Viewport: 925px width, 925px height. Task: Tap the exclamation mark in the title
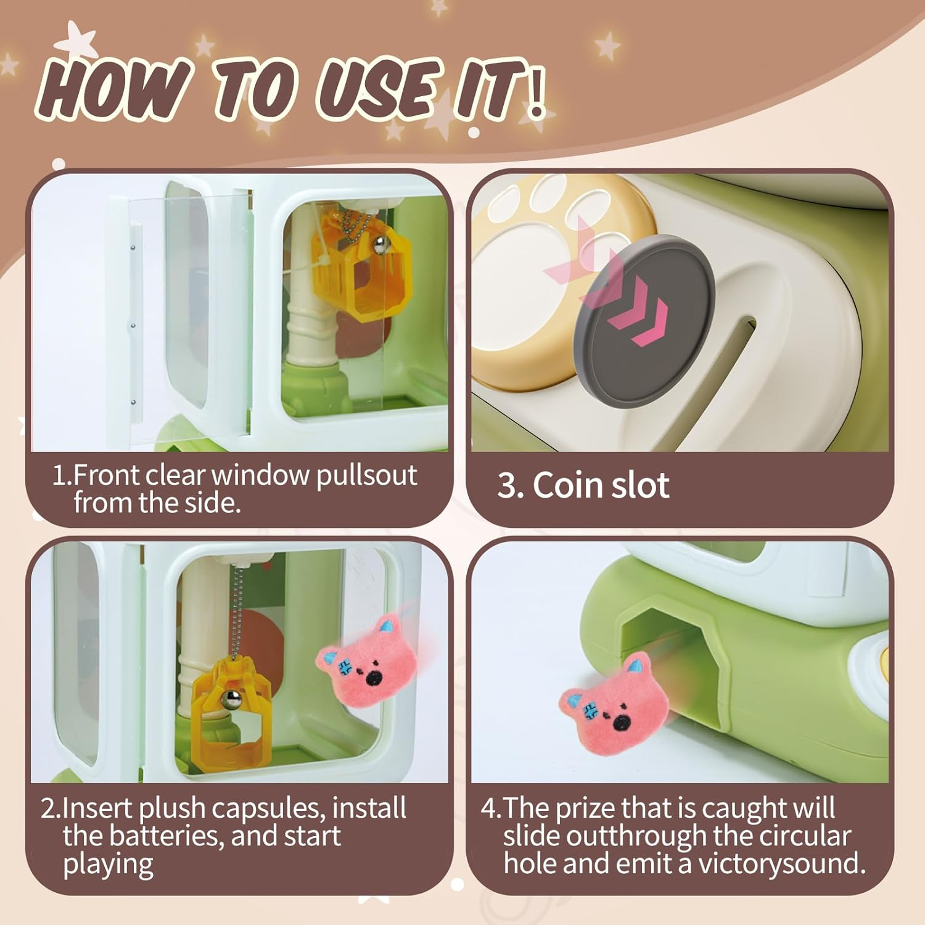(x=535, y=93)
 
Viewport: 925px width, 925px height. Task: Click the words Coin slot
(x=601, y=485)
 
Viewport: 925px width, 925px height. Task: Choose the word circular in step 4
(x=805, y=836)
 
